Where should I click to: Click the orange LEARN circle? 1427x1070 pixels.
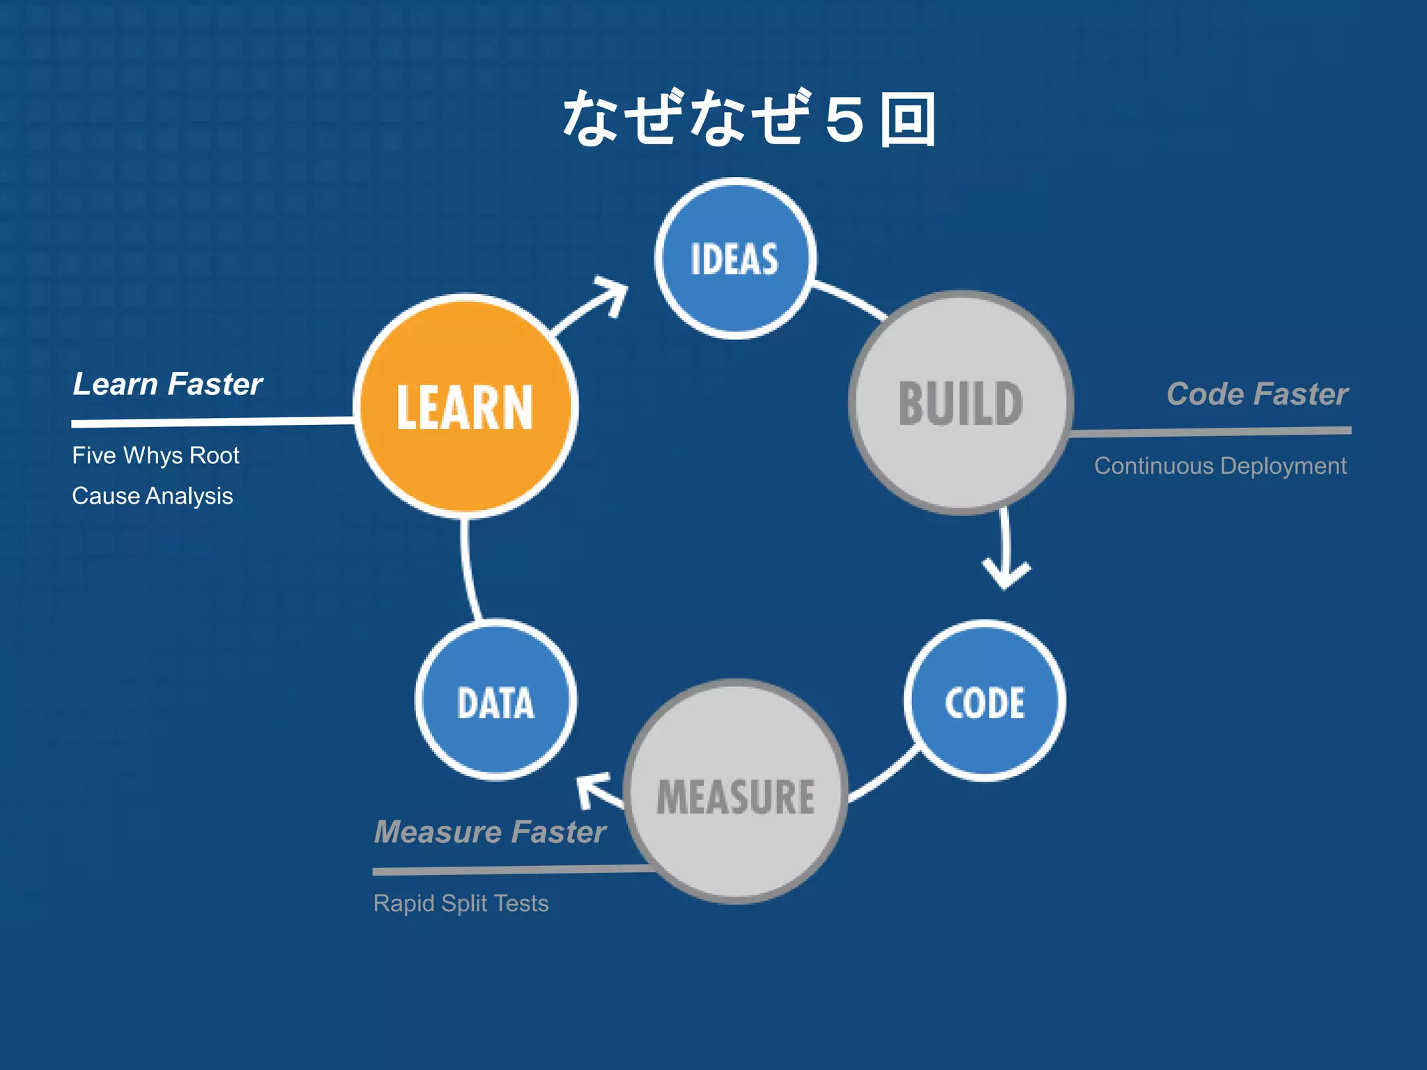tap(465, 406)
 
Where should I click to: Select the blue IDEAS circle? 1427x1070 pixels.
tap(735, 258)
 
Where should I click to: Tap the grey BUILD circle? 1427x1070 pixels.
tap(961, 403)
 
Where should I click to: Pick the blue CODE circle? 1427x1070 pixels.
tap(985, 701)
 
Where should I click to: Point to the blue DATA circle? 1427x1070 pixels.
tap(495, 700)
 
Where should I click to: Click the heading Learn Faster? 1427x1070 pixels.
tap(167, 385)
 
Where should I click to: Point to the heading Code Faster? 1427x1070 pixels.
tap(1257, 394)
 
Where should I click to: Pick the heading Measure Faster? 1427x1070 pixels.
tap(490, 832)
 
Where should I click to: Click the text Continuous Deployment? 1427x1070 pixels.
tap(1220, 465)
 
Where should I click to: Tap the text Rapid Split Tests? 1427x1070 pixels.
tap(461, 904)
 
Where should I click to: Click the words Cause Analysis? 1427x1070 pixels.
tap(152, 496)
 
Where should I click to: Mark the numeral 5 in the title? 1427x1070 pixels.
tap(844, 120)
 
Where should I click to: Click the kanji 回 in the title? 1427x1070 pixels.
tap(907, 120)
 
